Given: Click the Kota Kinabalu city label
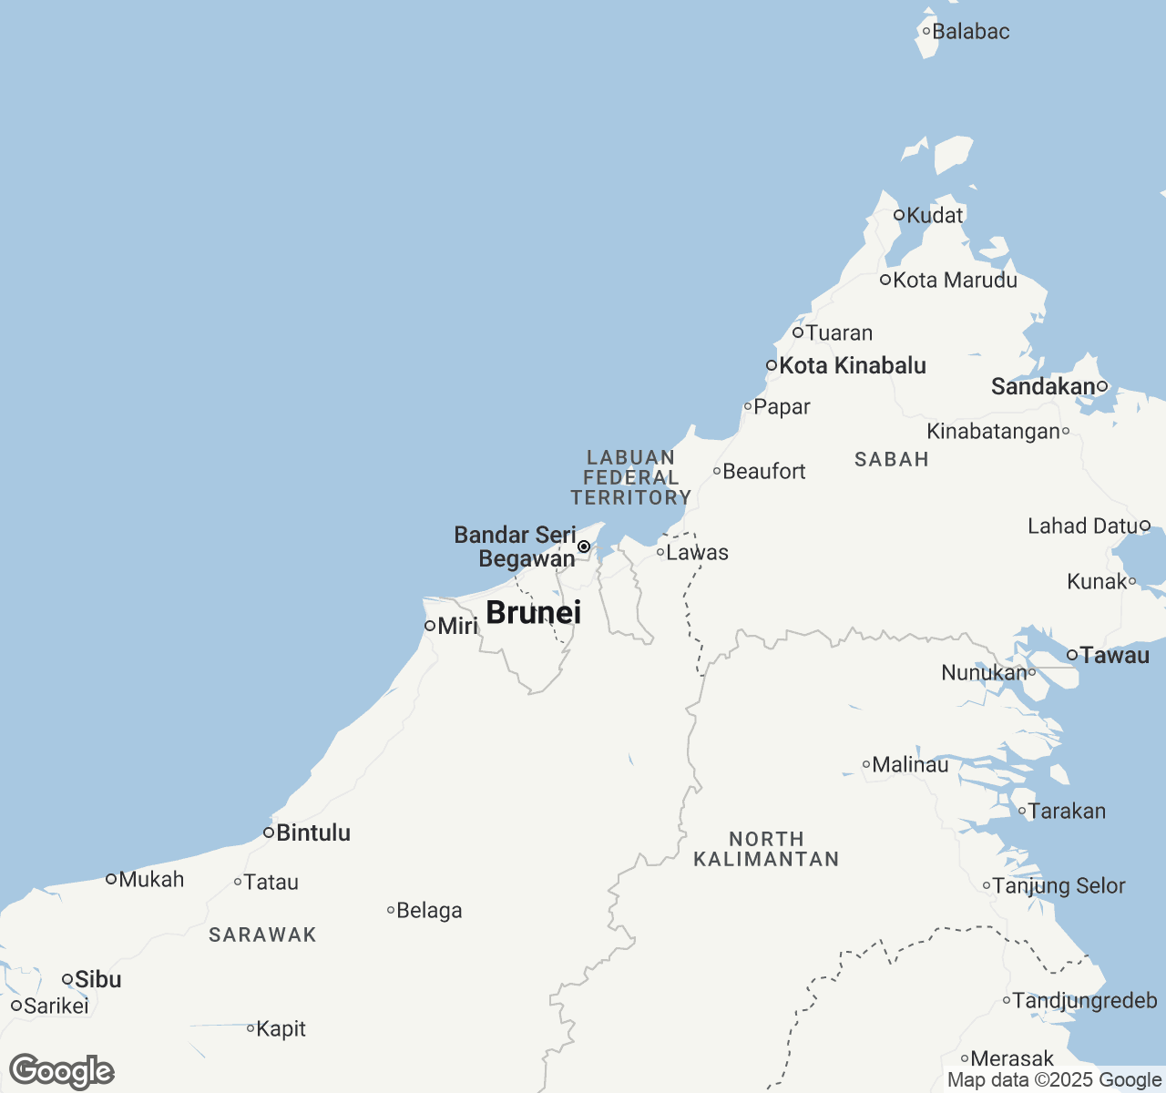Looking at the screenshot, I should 852,366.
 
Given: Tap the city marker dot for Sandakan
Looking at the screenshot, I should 1101,386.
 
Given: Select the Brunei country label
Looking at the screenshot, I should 533,613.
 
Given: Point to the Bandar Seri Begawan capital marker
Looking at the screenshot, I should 584,546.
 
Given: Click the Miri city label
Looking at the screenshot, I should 457,626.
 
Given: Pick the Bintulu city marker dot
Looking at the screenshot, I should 269,833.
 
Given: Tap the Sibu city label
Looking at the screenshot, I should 97,980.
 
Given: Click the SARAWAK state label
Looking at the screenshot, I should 262,935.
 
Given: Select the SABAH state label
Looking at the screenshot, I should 891,459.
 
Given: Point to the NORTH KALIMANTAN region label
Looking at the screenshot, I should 766,849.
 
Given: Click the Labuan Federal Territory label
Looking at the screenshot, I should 630,477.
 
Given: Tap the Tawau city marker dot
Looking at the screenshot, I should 1072,655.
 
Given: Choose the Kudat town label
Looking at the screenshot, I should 935,216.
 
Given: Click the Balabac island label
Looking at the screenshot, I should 971,32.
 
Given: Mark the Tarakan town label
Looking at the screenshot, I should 1067,812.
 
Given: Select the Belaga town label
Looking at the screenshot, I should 429,911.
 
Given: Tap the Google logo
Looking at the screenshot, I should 62,1071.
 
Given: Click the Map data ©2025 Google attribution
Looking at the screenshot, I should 1054,1080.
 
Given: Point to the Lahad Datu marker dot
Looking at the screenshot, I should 1145,526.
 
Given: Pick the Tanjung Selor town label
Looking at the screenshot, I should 1059,886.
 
